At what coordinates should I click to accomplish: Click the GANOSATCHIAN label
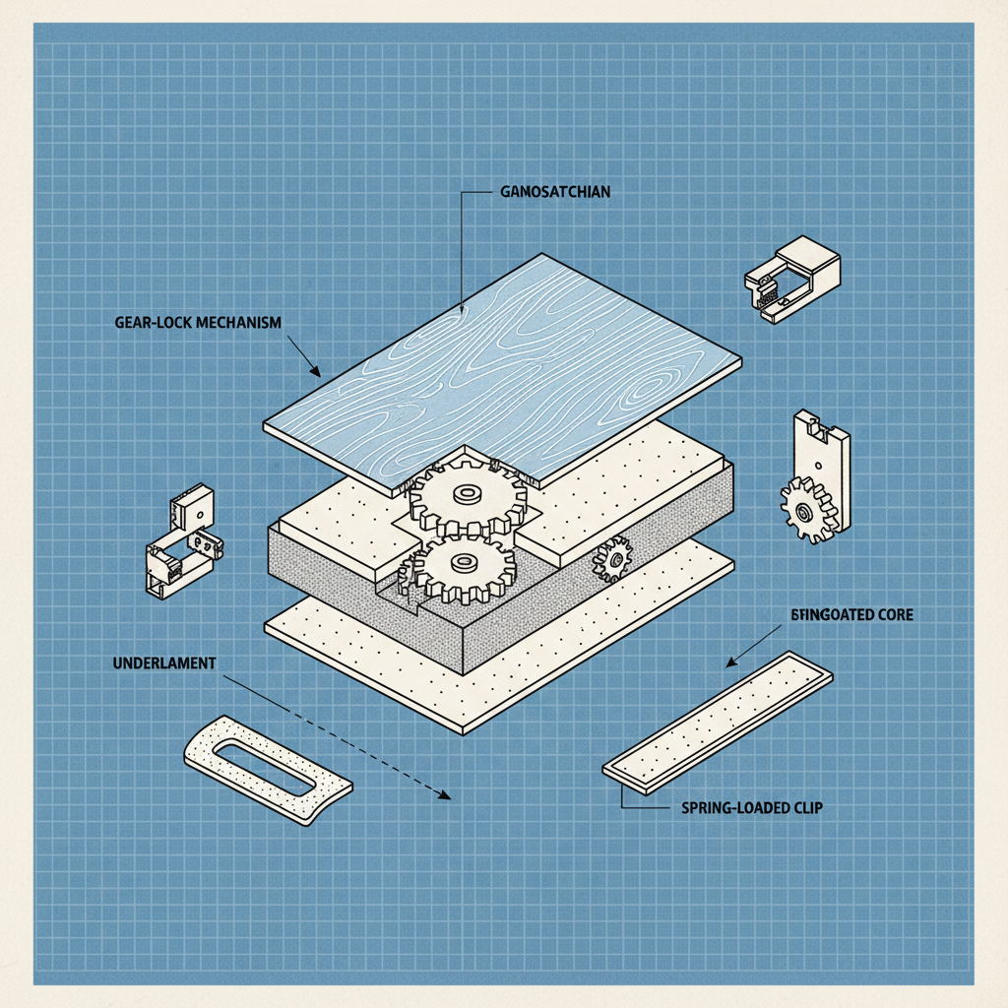coord(548,193)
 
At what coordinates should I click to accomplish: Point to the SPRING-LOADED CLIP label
coord(751,808)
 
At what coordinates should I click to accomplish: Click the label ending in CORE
coord(852,614)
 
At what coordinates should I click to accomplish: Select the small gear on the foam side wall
coord(613,560)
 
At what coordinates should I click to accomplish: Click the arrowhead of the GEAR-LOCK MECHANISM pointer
coord(316,374)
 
